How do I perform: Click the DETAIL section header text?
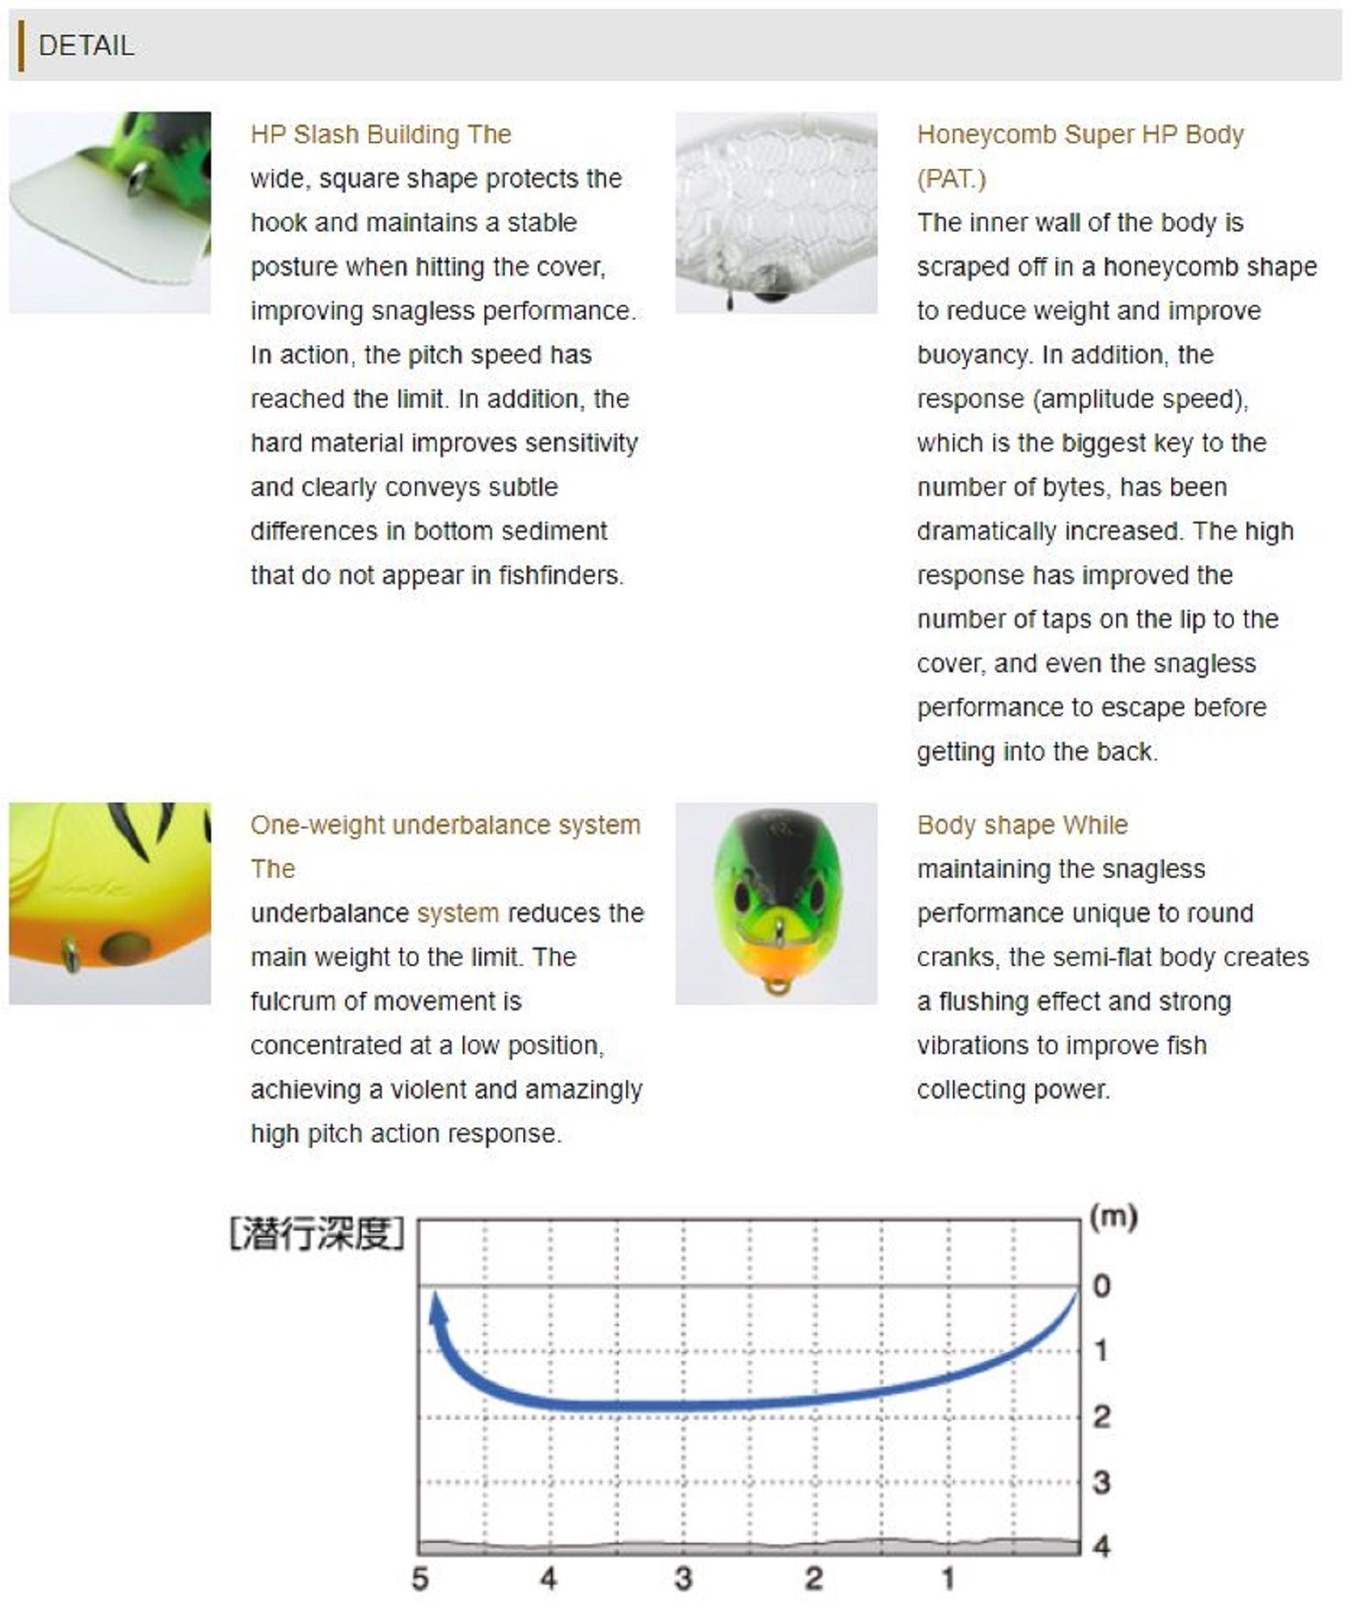[x=86, y=45]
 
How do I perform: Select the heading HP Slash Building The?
[x=380, y=134]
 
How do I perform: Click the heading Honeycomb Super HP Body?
[x=1080, y=134]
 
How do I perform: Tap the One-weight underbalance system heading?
[x=445, y=825]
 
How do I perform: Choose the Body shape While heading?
[x=1022, y=825]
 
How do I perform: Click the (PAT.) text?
[x=951, y=179]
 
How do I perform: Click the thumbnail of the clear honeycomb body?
[x=776, y=212]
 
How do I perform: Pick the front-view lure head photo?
[x=776, y=903]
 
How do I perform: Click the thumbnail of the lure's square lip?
[x=110, y=212]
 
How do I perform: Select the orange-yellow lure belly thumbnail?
[x=110, y=903]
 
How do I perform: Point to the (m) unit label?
[x=1113, y=1218]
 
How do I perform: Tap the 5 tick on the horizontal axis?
[x=420, y=1578]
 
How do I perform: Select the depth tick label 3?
[x=1101, y=1483]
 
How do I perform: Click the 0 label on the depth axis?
[x=1101, y=1286]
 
